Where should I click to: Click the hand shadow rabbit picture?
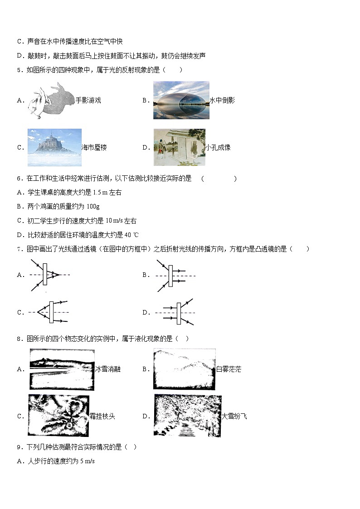click(52, 100)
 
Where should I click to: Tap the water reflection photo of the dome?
click(181, 100)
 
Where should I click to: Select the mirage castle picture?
click(54, 147)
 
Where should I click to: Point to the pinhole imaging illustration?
click(180, 147)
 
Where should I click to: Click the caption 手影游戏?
click(88, 100)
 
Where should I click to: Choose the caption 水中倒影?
click(222, 100)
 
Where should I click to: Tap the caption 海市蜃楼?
click(94, 147)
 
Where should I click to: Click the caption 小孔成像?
click(218, 147)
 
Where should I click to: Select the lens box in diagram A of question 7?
click(45, 274)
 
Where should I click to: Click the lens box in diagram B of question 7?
click(171, 276)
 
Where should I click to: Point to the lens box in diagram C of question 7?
click(51, 312)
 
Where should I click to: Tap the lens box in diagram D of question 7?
click(179, 313)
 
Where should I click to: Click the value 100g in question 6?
click(93, 207)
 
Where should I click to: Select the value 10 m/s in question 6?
click(114, 220)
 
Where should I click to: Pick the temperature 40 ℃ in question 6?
click(131, 235)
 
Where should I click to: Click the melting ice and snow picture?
click(62, 369)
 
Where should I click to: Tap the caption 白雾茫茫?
click(229, 369)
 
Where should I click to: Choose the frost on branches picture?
click(58, 416)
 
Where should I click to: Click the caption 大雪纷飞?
click(234, 416)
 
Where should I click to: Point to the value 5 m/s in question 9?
click(88, 461)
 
